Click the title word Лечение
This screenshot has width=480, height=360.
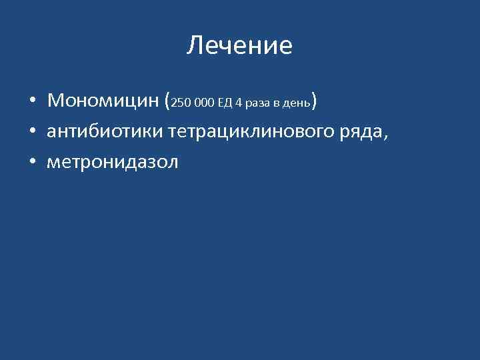pyautogui.click(x=239, y=45)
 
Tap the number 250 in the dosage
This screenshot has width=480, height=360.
pyautogui.click(x=181, y=103)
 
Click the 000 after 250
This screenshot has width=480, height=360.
pyautogui.click(x=205, y=103)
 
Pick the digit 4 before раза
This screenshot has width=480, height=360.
pyautogui.click(x=238, y=103)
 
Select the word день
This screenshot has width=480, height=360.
pyautogui.click(x=297, y=104)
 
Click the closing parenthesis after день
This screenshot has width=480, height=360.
pyautogui.click(x=314, y=101)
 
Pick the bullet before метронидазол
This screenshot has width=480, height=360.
pyautogui.click(x=32, y=162)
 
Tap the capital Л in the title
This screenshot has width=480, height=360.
pyautogui.click(x=194, y=46)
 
